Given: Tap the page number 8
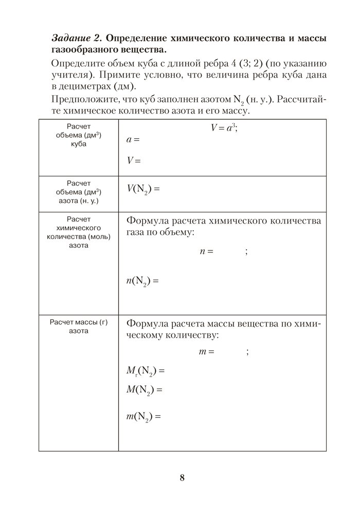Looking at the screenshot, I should [x=182, y=478].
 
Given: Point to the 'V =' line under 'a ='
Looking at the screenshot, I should [x=134, y=160].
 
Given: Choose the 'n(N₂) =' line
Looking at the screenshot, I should [x=143, y=281].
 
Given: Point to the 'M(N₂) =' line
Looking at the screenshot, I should [x=144, y=390].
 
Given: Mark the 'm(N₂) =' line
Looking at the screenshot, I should [x=143, y=416].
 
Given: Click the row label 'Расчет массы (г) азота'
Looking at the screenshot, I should [x=78, y=326].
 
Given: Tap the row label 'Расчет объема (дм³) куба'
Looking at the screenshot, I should [x=79, y=135].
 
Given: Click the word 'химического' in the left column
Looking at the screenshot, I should [x=78, y=228].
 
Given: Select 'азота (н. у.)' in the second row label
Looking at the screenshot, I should [x=79, y=201].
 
